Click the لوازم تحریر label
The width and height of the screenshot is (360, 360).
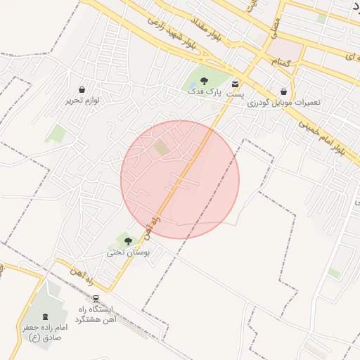pos(83,101)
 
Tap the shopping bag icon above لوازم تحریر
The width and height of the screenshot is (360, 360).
pos(83,90)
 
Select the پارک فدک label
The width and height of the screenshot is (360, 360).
pos(204,91)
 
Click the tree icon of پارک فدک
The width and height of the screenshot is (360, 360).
pos(204,81)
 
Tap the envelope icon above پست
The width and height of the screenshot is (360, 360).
pos(235,84)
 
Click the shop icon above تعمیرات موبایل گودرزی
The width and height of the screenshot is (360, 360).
pos(283,91)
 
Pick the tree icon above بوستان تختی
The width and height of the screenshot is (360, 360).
pos(127,241)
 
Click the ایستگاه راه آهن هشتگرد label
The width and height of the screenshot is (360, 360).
pos(97,314)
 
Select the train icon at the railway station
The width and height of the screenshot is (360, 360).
pos(96,298)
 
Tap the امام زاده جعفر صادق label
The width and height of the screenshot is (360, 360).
pos(46,333)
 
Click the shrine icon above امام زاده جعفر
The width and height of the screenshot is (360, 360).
pos(46,316)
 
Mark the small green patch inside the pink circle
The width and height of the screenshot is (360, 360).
pos(162,148)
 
